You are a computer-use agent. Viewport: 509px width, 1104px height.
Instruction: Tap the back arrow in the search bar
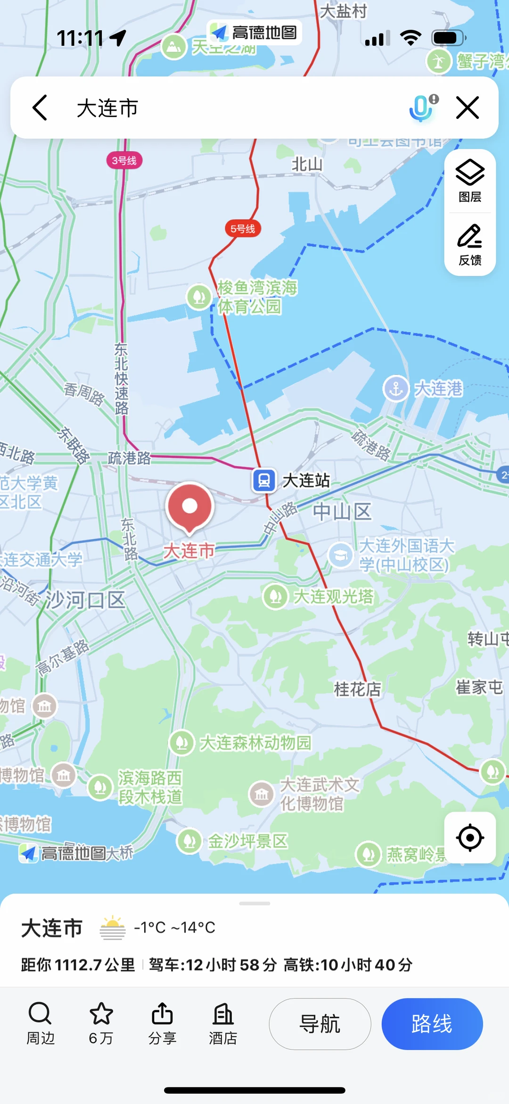(40, 108)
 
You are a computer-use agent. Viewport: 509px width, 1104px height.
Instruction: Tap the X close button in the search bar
(468, 108)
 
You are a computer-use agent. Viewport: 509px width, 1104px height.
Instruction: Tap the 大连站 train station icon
(264, 481)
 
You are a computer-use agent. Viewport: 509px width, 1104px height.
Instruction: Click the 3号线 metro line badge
(124, 161)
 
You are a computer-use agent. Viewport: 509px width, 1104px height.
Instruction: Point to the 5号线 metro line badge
(243, 229)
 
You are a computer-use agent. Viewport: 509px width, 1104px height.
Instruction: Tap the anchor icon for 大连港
(396, 389)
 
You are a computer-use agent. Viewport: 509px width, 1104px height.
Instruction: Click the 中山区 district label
(343, 512)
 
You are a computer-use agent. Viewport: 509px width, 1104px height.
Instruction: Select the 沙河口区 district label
(85, 600)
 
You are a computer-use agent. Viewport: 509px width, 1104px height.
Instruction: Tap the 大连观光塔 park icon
(276, 597)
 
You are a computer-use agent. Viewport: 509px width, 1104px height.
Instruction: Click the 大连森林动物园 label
(255, 743)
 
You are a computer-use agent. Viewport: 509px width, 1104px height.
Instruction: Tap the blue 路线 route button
(432, 1024)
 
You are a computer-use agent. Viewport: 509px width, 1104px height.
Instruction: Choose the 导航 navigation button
(320, 1024)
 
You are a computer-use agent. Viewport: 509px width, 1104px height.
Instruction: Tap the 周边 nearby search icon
(40, 1013)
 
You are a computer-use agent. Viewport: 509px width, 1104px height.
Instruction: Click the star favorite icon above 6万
(101, 1013)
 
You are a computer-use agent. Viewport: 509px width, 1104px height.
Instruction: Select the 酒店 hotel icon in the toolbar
(223, 1013)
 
